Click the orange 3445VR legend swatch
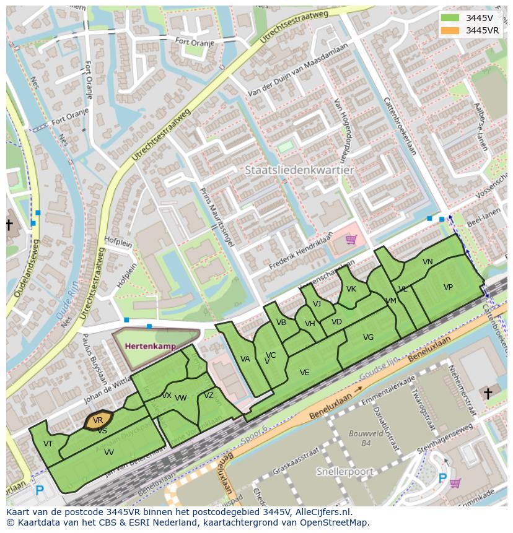(x=450, y=30)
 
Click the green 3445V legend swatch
(x=450, y=18)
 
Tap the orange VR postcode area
(x=98, y=420)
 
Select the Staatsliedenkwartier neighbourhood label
(x=299, y=170)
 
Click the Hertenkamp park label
(x=150, y=346)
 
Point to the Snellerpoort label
(x=344, y=472)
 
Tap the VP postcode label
(x=448, y=287)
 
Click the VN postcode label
(x=427, y=262)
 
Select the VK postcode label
(x=351, y=289)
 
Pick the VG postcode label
(x=368, y=337)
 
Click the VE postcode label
(x=304, y=373)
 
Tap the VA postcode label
(x=245, y=359)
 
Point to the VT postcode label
(x=48, y=443)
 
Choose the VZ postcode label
(x=209, y=396)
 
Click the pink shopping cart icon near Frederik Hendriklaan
(x=351, y=239)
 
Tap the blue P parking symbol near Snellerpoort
(x=442, y=478)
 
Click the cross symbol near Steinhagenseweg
(x=488, y=393)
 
